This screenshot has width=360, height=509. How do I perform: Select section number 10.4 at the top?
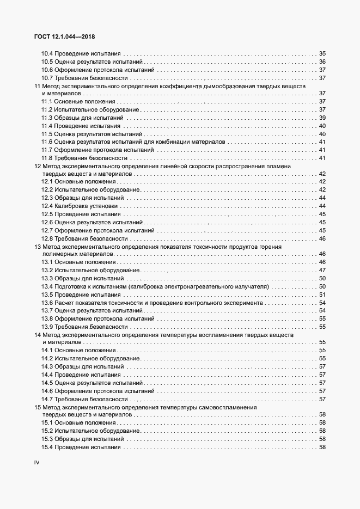click(47, 53)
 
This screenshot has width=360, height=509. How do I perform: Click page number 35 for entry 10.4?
click(322, 53)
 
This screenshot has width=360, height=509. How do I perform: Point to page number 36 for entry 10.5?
click(322, 62)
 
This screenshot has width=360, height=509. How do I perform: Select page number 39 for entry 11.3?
click(322, 118)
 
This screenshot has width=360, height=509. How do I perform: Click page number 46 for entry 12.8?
click(322, 238)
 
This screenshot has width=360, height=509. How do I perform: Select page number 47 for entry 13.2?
click(322, 271)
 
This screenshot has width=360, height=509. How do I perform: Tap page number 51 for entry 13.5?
click(322, 295)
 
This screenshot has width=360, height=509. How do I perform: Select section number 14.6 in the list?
click(47, 391)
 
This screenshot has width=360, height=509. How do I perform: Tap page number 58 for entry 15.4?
click(322, 447)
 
